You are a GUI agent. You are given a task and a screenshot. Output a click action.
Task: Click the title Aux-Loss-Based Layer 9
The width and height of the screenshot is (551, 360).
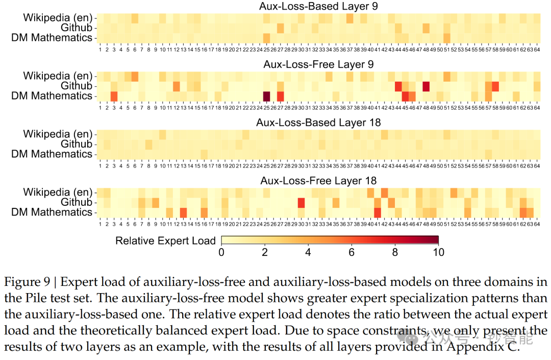click(x=318, y=6)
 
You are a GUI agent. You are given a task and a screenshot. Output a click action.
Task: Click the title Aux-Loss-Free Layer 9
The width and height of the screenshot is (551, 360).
click(x=318, y=64)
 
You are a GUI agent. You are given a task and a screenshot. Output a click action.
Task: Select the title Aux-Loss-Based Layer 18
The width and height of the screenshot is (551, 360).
click(x=318, y=123)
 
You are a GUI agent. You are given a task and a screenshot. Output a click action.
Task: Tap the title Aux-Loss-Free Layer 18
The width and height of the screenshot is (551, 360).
click(x=318, y=181)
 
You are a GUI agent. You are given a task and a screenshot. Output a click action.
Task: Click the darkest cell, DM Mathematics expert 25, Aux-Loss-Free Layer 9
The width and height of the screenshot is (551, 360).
click(x=266, y=96)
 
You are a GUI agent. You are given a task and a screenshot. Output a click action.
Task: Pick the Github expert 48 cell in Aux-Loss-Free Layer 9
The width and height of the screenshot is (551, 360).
click(x=426, y=86)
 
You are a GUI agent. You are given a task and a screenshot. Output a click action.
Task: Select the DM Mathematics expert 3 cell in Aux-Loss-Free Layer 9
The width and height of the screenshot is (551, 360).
click(x=114, y=96)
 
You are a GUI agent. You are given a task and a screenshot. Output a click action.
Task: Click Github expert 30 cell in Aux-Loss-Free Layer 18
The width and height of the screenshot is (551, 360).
click(x=302, y=203)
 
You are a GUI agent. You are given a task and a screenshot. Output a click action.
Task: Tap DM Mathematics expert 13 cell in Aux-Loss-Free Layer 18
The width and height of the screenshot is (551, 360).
click(x=183, y=212)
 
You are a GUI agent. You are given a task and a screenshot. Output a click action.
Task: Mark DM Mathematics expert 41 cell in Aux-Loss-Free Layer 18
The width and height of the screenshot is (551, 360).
click(x=378, y=212)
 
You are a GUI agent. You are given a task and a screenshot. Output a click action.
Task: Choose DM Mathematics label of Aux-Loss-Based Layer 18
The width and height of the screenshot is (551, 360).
click(x=52, y=154)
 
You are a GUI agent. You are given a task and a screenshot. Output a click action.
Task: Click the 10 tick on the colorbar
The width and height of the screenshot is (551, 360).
click(x=438, y=252)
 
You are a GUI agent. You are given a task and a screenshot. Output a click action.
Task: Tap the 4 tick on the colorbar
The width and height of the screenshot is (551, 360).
click(x=308, y=252)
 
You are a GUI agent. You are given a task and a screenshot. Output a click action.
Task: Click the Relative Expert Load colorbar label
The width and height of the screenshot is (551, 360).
click(x=165, y=241)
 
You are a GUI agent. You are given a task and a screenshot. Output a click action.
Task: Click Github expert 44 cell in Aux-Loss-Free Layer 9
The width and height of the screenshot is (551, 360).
click(x=398, y=86)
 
